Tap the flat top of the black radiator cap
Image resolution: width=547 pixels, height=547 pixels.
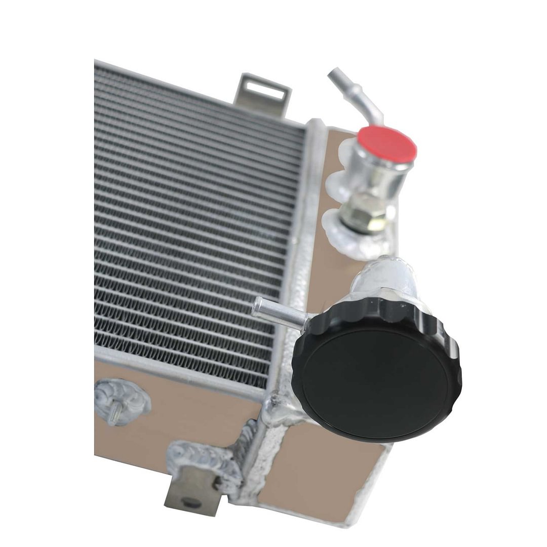click(375, 377)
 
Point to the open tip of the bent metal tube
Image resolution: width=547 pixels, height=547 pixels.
click(332, 74)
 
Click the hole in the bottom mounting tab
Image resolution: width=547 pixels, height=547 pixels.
click(190, 501)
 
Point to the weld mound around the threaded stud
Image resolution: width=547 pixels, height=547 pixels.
click(123, 400)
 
